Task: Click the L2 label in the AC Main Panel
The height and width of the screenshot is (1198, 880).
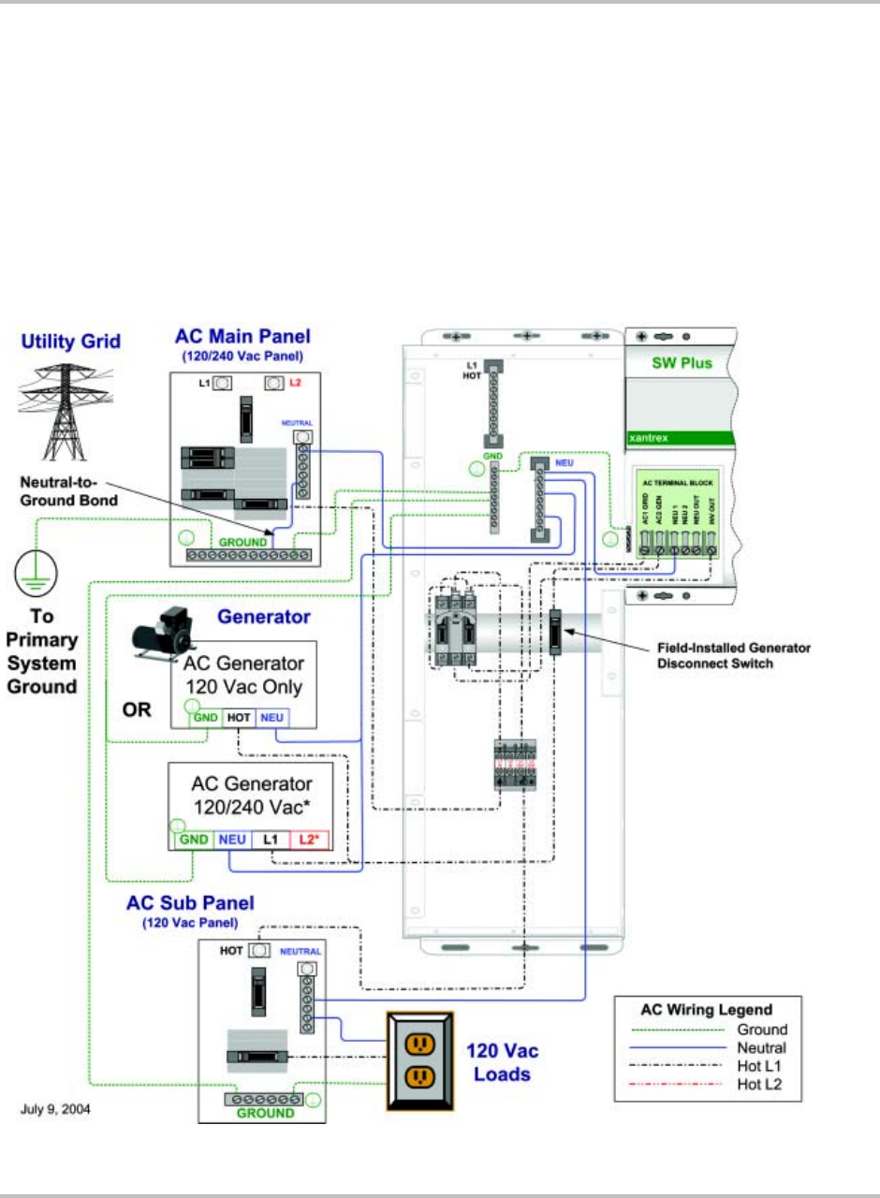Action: [296, 384]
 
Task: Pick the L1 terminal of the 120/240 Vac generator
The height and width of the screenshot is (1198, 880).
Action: [271, 840]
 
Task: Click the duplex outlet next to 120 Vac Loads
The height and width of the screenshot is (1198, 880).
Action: [420, 1060]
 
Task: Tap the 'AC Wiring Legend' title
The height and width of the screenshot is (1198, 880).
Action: [706, 1010]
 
